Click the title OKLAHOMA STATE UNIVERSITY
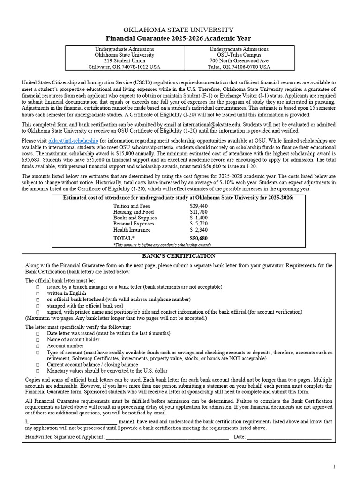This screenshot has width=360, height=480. [178, 30]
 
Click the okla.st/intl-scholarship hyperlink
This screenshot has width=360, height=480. [73, 140]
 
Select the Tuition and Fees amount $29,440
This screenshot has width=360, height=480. [199, 206]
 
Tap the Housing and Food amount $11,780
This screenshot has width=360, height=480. [199, 212]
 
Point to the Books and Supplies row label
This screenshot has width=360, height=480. [135, 218]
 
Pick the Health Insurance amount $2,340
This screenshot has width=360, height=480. [199, 230]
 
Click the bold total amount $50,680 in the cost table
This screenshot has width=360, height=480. [199, 238]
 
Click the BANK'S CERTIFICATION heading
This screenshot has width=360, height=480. [179, 256]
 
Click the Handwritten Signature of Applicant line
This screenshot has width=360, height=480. [167, 437]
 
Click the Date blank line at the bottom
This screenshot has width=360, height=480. [289, 437]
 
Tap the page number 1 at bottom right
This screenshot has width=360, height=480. [334, 466]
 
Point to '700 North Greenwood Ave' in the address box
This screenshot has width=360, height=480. [239, 61]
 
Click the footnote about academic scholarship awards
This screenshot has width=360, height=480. [162, 245]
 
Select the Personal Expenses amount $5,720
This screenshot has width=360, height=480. [199, 224]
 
